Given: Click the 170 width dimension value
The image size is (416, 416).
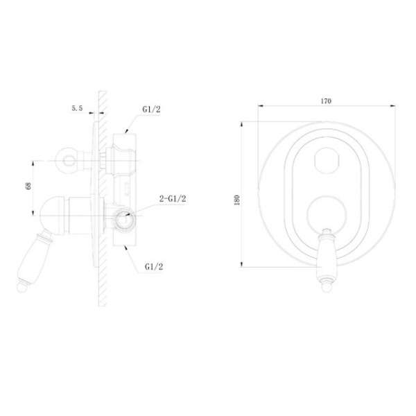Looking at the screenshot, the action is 326,101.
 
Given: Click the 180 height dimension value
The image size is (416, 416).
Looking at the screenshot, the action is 237,200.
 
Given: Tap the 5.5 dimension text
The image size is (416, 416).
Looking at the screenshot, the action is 77,108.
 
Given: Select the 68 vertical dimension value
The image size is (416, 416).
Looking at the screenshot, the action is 28,186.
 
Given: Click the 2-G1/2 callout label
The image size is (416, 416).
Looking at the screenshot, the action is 173,198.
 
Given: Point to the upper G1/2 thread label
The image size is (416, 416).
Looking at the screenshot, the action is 151,110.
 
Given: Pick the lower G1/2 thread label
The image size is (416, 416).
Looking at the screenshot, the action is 154,267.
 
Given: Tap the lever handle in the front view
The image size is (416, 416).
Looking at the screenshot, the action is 327,260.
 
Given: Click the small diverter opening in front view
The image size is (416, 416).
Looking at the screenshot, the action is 327,161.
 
